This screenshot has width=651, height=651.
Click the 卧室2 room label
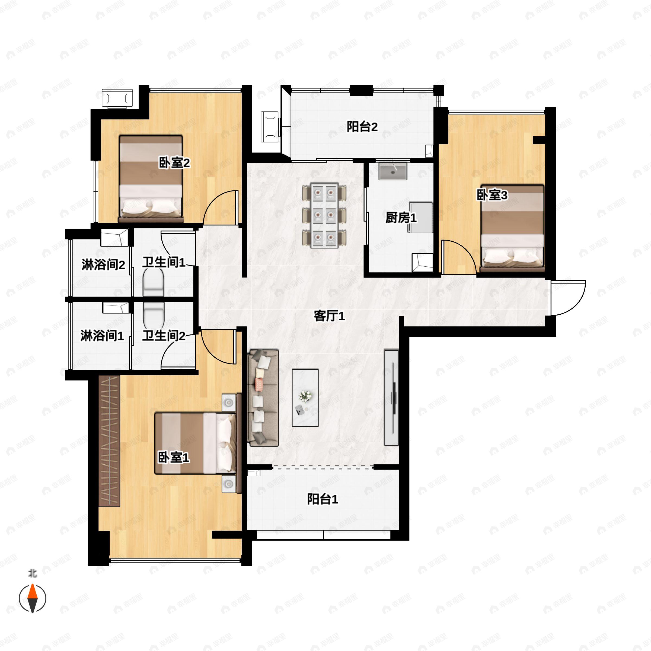coord(174,163)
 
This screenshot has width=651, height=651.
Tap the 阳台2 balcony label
coord(362,127)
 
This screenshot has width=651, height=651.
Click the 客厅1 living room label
coord(329,316)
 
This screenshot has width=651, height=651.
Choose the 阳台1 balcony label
coord(323,499)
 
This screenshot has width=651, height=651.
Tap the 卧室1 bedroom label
coord(174,457)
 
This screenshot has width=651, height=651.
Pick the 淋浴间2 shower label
coord(103,264)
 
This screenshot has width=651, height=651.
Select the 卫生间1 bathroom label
coord(164,262)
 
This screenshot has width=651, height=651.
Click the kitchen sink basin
coord(392,171)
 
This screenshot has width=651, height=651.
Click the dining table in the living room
coord(324,216)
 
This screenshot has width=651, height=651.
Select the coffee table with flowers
coord(305,398)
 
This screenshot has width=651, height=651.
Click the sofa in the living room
coord(263,398)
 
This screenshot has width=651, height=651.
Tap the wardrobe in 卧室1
coord(110,441)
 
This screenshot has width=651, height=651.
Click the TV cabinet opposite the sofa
coord(391,398)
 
